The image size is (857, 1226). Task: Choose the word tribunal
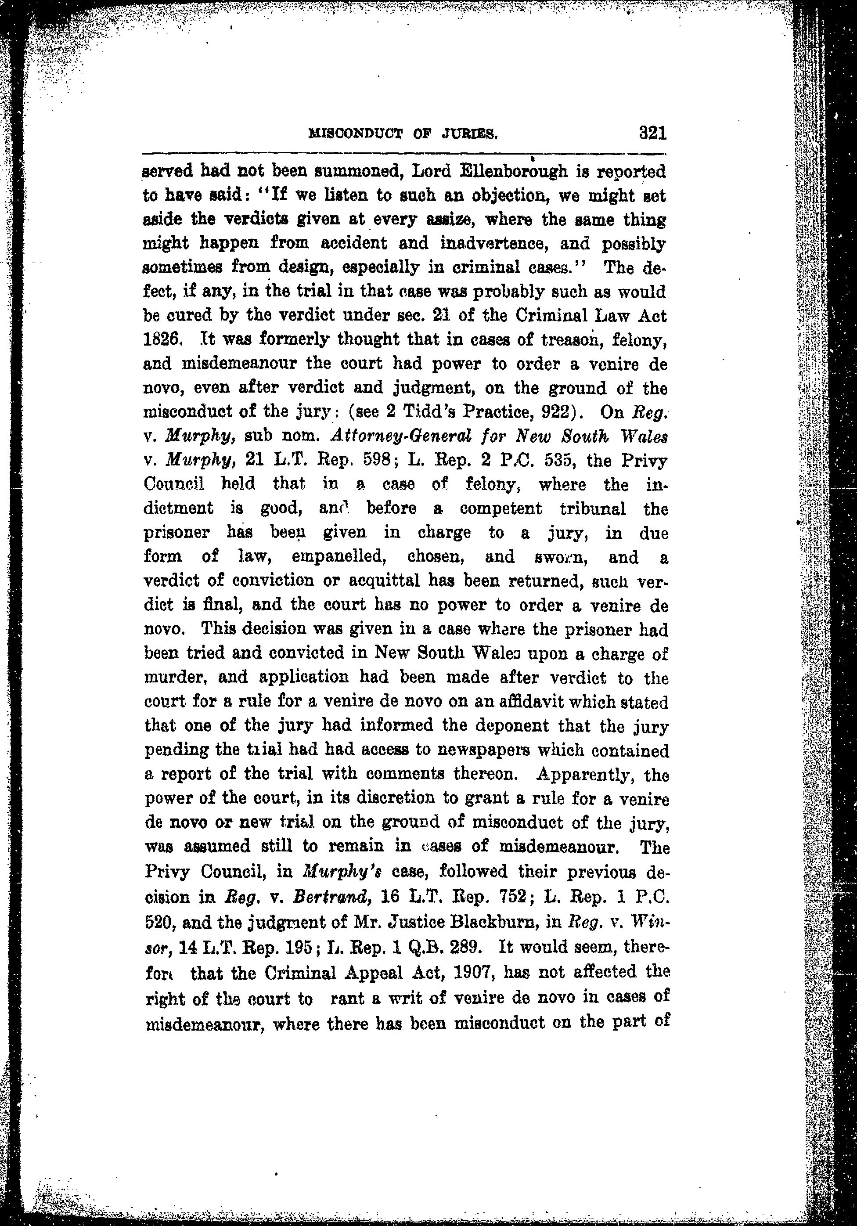tap(592, 508)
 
